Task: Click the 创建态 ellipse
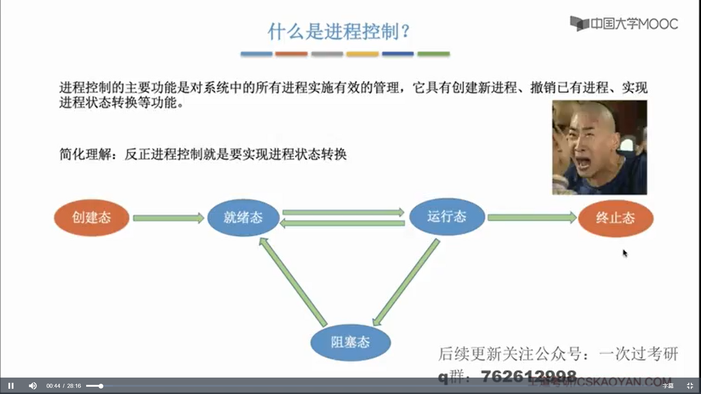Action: pyautogui.click(x=91, y=218)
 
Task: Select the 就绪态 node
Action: pyautogui.click(x=243, y=218)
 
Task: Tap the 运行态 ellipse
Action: pyautogui.click(x=447, y=217)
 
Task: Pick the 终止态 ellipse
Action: pyautogui.click(x=616, y=218)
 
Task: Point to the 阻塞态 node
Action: pyautogui.click(x=350, y=342)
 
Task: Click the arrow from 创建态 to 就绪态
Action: pyautogui.click(x=168, y=218)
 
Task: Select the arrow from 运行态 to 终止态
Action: pyautogui.click(x=531, y=218)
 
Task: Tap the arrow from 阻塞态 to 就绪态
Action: pyautogui.click(x=293, y=282)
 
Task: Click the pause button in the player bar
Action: pyautogui.click(x=11, y=386)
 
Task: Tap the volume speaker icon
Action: pyautogui.click(x=32, y=386)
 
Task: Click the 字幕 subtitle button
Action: pyautogui.click(x=668, y=386)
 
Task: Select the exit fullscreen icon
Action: pyautogui.click(x=690, y=386)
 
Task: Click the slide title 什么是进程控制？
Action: pyautogui.click(x=339, y=31)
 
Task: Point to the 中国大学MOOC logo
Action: pyautogui.click(x=624, y=24)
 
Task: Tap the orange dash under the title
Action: pyautogui.click(x=291, y=54)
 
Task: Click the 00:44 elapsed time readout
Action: pyautogui.click(x=53, y=386)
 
